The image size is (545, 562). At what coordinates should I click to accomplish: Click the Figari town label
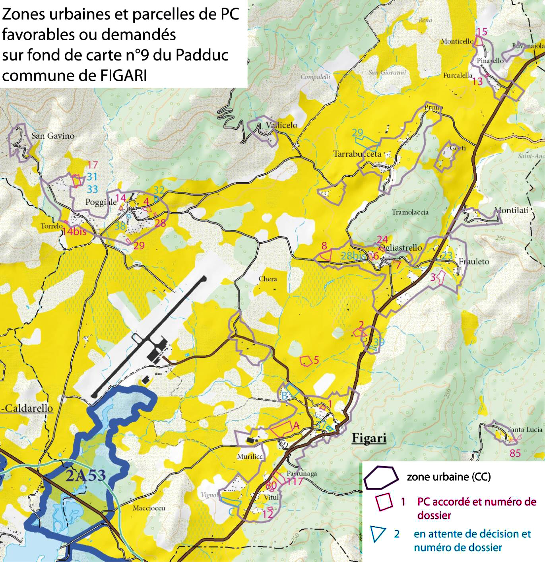click(x=369, y=438)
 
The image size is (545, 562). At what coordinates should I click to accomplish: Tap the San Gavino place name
click(x=53, y=136)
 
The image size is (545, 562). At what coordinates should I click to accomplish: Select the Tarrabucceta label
click(x=357, y=154)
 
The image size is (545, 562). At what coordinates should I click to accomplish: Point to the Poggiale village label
click(x=101, y=202)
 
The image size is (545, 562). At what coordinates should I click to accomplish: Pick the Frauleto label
click(x=474, y=261)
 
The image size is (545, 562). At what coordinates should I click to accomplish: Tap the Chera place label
click(x=268, y=279)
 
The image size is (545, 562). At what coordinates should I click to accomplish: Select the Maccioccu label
click(x=149, y=508)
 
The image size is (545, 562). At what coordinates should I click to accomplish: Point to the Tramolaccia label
click(x=410, y=212)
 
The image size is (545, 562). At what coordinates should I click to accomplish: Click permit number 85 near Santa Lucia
click(x=515, y=453)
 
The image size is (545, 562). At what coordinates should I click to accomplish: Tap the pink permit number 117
click(x=295, y=482)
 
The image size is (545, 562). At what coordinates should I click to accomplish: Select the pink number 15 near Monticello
click(x=481, y=32)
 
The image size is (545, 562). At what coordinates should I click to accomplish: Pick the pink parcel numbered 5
click(x=306, y=361)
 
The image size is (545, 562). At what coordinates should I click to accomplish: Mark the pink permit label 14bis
click(x=74, y=231)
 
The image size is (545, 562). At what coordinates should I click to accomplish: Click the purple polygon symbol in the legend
click(x=381, y=477)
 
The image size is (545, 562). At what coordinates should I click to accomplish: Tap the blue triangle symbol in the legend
click(x=377, y=534)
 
